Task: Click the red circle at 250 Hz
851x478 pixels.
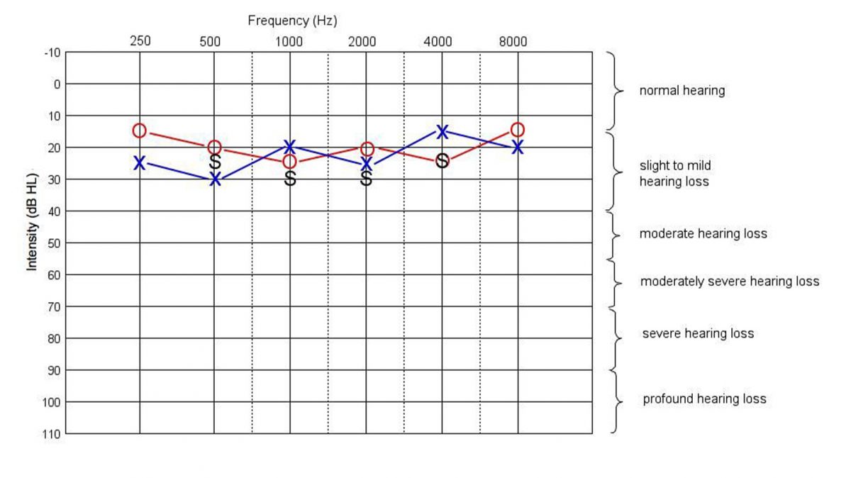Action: pos(140,130)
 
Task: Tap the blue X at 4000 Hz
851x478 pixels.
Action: pos(442,131)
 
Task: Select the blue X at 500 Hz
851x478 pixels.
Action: pos(215,179)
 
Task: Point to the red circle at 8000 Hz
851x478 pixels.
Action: pos(518,130)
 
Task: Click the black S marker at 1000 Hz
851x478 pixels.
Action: pos(290,179)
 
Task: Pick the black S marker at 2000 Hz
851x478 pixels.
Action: pos(366,179)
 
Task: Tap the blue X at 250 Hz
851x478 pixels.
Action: pos(140,163)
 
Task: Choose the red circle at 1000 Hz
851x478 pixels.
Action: pos(290,162)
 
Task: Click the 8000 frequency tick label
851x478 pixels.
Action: pos(513,41)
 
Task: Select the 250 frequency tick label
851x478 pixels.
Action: pos(140,41)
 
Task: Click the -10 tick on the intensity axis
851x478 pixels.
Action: pos(53,52)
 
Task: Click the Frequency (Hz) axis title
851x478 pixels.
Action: pos(292,21)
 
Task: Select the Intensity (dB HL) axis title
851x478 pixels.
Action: pos(32,220)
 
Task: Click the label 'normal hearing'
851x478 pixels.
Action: pos(682,91)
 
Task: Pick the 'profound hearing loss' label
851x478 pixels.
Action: pos(704,399)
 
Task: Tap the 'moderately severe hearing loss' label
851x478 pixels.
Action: pos(730,282)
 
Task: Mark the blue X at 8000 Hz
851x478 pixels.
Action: pos(518,148)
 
